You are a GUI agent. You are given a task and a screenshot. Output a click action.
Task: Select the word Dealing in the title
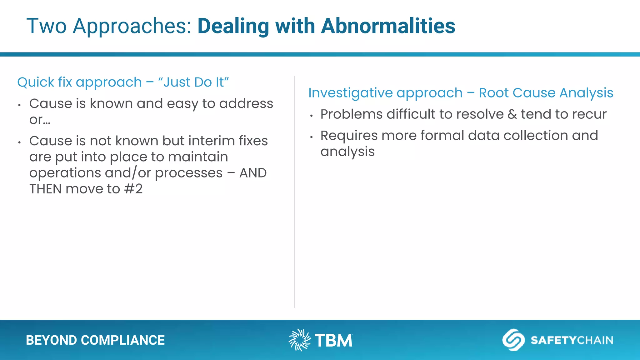(233, 26)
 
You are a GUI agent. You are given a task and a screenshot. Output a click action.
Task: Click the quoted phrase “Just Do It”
(193, 82)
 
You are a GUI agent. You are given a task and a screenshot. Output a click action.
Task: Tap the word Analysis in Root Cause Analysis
(586, 93)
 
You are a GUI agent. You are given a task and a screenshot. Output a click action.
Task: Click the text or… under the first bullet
(40, 120)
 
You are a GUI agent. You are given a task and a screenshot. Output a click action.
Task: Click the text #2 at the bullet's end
(133, 189)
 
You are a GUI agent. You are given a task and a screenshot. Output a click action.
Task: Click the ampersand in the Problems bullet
(512, 114)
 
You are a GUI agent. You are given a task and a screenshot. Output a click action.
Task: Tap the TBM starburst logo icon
(299, 340)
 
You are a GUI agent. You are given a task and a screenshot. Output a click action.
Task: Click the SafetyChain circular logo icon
(513, 340)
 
